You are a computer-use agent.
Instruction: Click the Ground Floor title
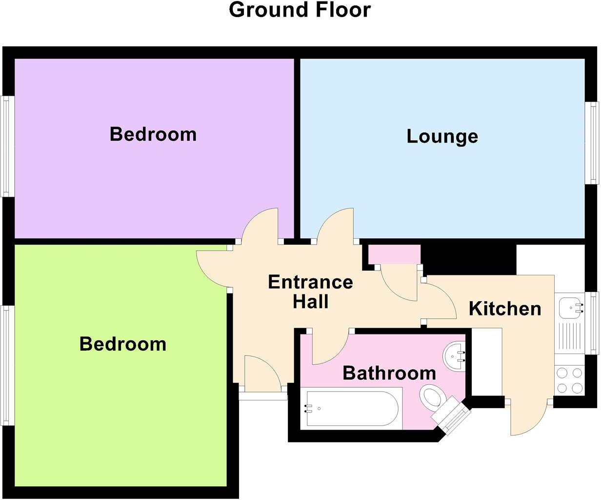pyautogui.click(x=300, y=10)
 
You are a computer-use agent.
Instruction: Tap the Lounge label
pyautogui.click(x=442, y=136)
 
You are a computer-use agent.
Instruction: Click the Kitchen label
pyautogui.click(x=504, y=309)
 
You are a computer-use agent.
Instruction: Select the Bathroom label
pyautogui.click(x=389, y=373)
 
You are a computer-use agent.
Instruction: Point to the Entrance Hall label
pyautogui.click(x=311, y=292)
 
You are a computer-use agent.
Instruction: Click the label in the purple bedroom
pyautogui.click(x=153, y=134)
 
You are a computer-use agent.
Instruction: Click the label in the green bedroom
pyautogui.click(x=122, y=344)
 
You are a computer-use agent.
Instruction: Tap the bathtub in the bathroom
pyautogui.click(x=351, y=408)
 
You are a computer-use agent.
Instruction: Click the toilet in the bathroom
pyautogui.click(x=432, y=397)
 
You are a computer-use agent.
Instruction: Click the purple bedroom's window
pyautogui.click(x=7, y=146)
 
